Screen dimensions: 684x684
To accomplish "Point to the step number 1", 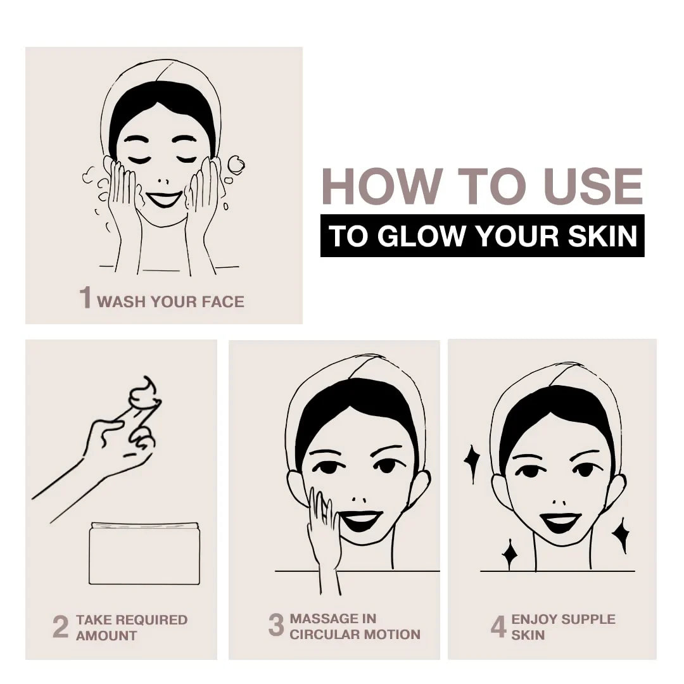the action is click(85, 298).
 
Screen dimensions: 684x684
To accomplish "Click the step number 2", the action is click(61, 627).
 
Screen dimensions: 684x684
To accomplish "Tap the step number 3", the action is click(276, 624).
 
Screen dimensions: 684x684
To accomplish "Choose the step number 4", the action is click(498, 626).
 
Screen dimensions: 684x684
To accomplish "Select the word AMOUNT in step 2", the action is click(106, 636).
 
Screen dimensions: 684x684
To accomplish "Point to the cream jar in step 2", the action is click(144, 553).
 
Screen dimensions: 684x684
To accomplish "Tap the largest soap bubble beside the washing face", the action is click(236, 165).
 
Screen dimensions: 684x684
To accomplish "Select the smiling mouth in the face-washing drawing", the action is click(164, 199).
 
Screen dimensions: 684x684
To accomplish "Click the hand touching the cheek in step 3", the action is click(324, 532).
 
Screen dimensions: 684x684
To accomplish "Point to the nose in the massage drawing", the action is click(359, 499).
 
